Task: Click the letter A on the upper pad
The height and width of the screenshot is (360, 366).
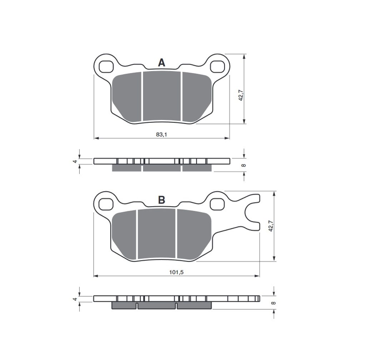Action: click(162, 63)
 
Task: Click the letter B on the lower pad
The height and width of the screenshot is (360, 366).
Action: click(162, 200)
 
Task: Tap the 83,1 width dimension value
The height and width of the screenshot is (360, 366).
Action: click(162, 135)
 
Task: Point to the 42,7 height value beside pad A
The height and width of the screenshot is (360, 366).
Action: click(241, 95)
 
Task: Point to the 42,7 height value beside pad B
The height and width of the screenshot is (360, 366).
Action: click(271, 226)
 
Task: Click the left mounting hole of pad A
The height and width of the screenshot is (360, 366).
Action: click(106, 67)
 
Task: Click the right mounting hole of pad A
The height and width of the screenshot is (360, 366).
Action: click(217, 67)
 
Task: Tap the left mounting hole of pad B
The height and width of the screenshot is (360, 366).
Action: click(106, 204)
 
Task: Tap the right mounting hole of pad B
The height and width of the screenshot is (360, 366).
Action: click(217, 204)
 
